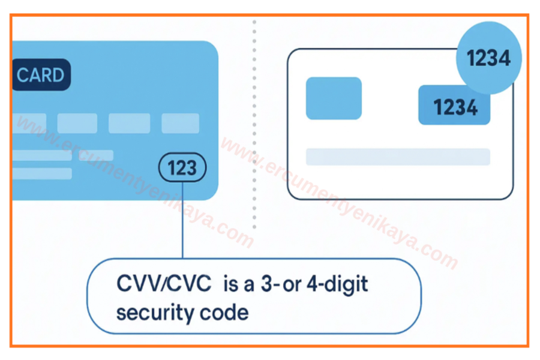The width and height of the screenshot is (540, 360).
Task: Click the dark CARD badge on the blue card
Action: tap(41, 76)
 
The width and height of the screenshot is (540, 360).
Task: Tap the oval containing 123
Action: tap(182, 168)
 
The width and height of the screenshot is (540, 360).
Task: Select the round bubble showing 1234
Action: tap(488, 58)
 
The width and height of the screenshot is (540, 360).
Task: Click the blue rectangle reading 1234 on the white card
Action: tap(454, 107)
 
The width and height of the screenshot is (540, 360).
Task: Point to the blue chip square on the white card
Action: tap(334, 98)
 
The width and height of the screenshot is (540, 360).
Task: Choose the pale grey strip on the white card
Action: tap(398, 157)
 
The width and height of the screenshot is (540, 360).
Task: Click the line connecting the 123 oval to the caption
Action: tap(182, 222)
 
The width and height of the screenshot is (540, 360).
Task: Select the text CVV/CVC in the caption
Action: tap(164, 283)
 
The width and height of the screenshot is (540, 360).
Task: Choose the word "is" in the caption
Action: tap(230, 283)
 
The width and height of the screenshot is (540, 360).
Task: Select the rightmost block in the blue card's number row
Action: tap(180, 123)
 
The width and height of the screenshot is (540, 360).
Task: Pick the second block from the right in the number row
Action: tap(129, 123)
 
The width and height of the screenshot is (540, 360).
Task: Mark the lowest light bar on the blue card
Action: tap(42, 173)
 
